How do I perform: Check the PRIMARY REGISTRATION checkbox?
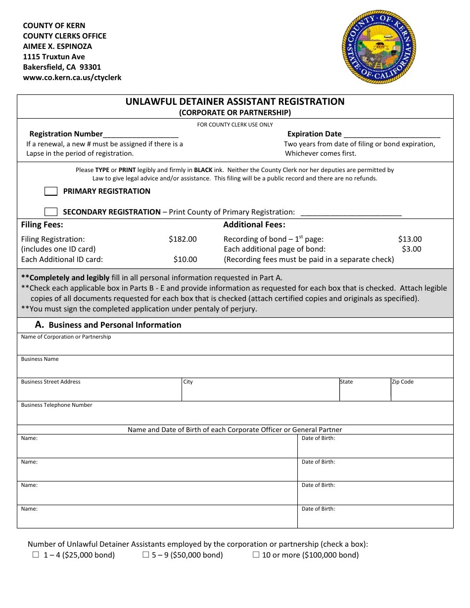51,191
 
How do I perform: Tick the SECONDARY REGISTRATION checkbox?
51,212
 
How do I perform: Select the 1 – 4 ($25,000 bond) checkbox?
36,555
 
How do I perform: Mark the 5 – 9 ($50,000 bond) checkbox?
146,555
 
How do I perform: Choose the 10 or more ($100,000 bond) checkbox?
256,555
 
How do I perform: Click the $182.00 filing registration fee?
183,239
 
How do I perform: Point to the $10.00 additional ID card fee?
185,260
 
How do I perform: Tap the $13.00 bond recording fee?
410,239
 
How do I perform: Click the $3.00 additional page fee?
412,249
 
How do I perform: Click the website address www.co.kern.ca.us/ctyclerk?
72,78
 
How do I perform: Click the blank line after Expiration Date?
391,134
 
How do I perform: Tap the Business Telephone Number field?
235,414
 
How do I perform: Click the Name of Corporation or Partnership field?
235,346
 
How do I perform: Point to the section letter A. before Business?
40,325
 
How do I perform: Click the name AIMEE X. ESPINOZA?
57,46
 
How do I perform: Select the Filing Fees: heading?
42,225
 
